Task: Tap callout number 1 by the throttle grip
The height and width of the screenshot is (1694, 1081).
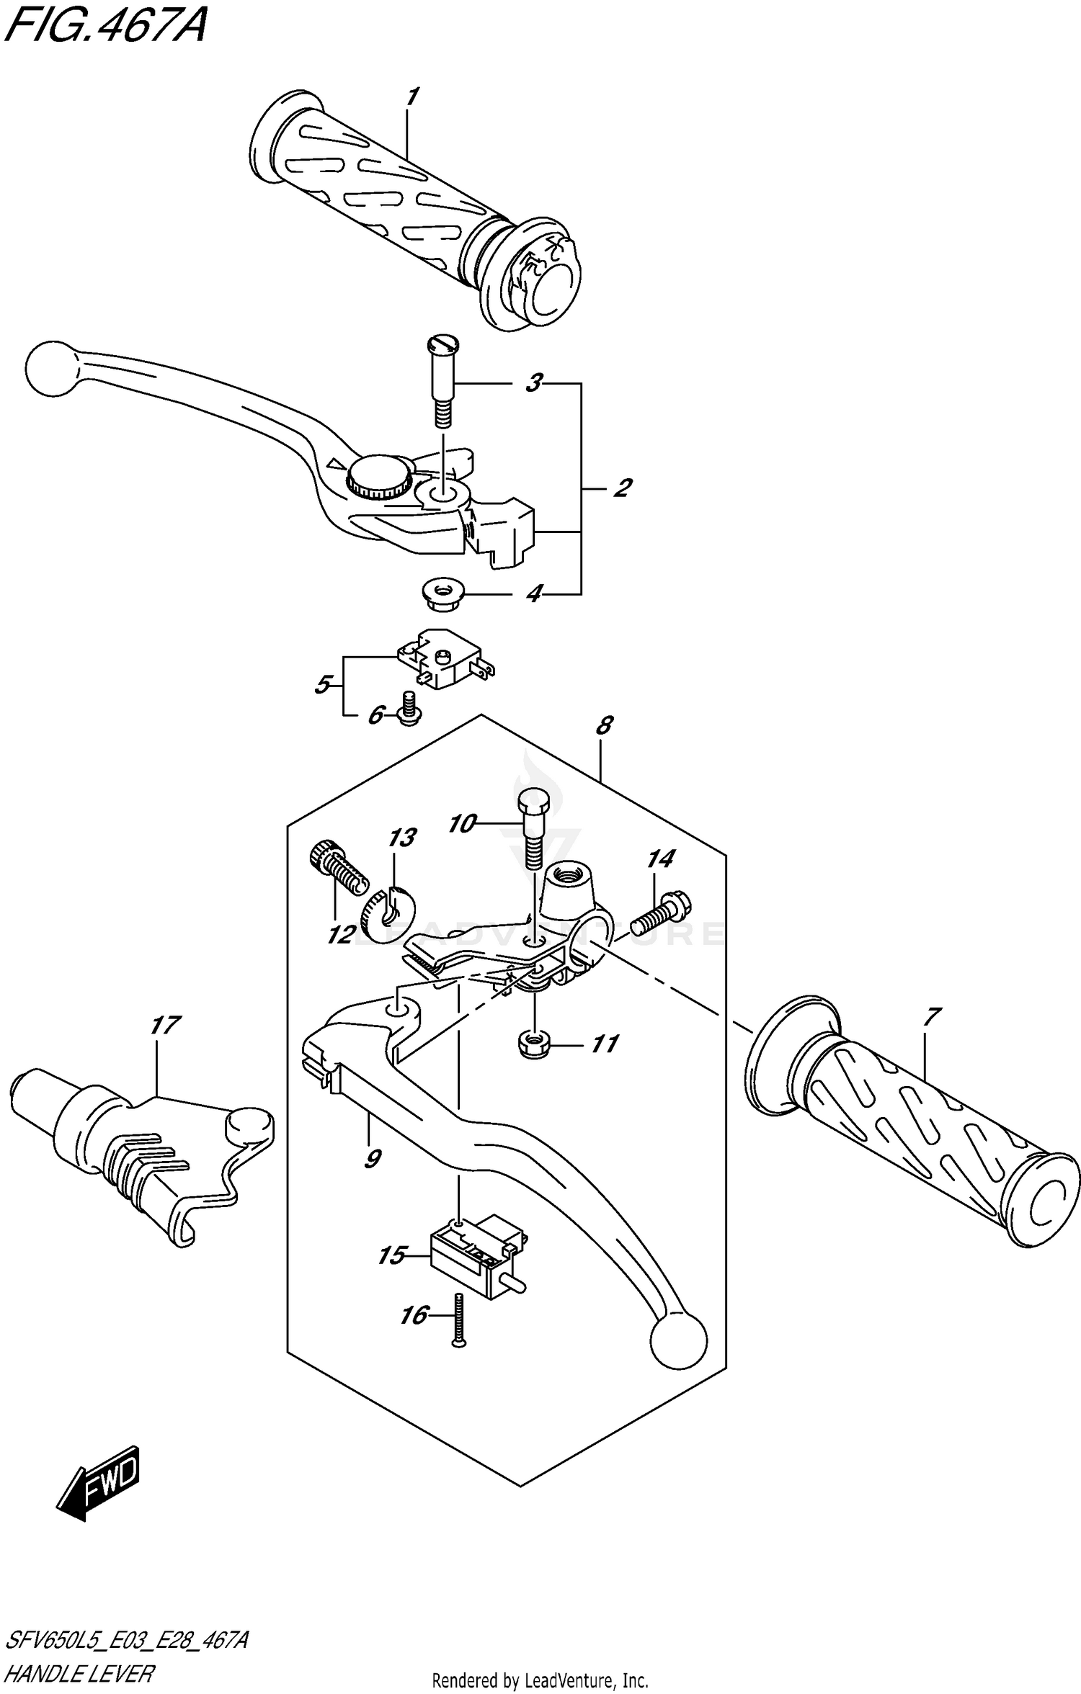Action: (x=412, y=97)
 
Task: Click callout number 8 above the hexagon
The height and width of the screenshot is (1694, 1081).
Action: (x=604, y=725)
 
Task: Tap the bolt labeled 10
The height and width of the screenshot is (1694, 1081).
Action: (x=533, y=828)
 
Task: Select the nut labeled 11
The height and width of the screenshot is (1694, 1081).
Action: (x=533, y=1044)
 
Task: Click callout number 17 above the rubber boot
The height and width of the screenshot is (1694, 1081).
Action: (x=165, y=1026)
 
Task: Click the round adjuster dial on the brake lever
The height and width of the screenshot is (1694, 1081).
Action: (x=379, y=478)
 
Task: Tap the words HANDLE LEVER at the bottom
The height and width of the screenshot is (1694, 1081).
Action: (x=81, y=1673)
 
